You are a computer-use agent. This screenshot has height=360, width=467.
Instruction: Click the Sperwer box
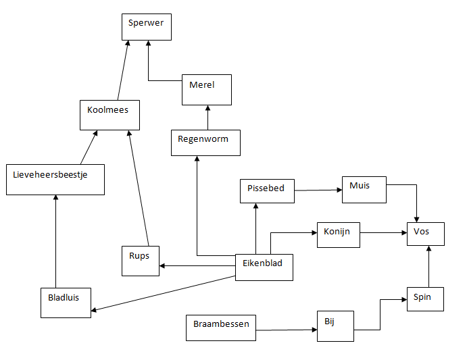click(x=147, y=27)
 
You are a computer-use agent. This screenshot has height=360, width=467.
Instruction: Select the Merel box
click(x=207, y=90)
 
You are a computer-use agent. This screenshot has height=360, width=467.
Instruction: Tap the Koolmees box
click(x=109, y=115)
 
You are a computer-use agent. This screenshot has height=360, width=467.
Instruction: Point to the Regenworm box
click(x=205, y=143)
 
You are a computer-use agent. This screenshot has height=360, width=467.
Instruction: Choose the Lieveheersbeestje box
click(x=55, y=180)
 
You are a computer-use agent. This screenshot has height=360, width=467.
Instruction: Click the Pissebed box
click(x=267, y=191)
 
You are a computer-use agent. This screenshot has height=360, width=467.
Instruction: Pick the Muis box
click(x=364, y=190)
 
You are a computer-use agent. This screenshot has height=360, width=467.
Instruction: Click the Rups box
click(x=141, y=261)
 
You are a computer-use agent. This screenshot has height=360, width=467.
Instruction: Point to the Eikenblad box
click(x=264, y=267)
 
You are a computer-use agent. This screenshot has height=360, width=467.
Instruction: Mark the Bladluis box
click(x=65, y=302)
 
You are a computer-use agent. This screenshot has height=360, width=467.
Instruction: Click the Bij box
click(x=335, y=326)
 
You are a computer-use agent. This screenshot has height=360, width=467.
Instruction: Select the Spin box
click(x=425, y=299)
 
